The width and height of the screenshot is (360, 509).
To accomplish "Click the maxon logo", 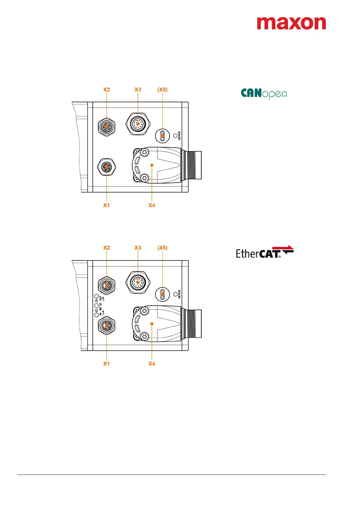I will coord(291,23).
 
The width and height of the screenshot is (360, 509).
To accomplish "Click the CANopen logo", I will coord(263,94).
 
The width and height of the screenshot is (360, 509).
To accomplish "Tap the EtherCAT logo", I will coord(265,252).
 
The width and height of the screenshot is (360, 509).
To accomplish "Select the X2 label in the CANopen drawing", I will coord(106,90).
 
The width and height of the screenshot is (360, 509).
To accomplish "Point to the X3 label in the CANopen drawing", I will coord(138,90).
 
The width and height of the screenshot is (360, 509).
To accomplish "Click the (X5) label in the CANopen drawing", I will coord(162,90).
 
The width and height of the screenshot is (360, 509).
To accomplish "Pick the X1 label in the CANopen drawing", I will coord(106,205).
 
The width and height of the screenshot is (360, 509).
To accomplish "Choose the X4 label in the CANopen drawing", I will coord(152,205).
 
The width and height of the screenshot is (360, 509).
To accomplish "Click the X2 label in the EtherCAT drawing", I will coord(106,248).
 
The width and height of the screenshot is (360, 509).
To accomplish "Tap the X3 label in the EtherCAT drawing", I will coord(138,248).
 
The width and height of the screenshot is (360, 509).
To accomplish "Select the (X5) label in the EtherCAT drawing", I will coord(162,248).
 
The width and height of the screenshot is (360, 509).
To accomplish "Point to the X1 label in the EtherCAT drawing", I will coord(106,364).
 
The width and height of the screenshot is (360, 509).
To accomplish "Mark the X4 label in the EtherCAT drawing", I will coord(152,364).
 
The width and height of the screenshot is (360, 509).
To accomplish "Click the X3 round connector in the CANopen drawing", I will coord(138,124).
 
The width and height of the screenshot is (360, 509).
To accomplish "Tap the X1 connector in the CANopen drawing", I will coord(107,167).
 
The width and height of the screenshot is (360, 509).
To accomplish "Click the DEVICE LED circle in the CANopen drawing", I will coord(175,135).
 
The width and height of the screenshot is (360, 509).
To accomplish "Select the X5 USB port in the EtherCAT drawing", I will coord(163,294).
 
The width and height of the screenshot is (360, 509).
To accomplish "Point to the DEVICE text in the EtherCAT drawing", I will coord(179,294).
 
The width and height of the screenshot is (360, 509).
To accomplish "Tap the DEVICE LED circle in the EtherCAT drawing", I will coord(175,294).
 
